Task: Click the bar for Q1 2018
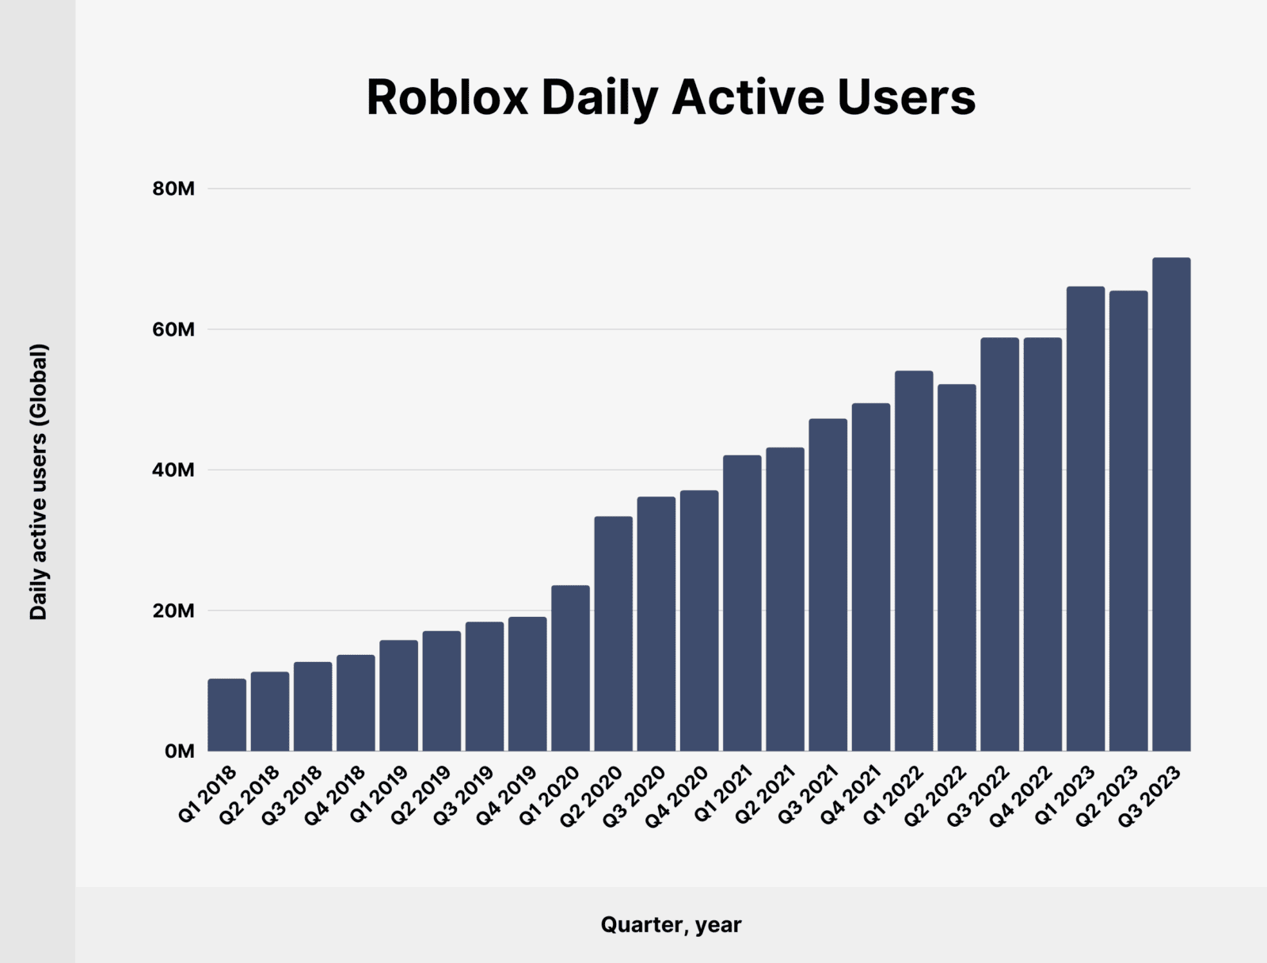(x=227, y=715)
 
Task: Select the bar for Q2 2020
(x=614, y=634)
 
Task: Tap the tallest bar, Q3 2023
(x=1171, y=504)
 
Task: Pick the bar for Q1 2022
(x=914, y=561)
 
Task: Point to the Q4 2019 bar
(x=527, y=684)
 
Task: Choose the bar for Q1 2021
(x=742, y=603)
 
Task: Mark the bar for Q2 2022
(x=957, y=568)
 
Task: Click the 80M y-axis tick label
(x=173, y=189)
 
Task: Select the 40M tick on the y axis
(x=173, y=470)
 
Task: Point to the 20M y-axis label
(x=173, y=611)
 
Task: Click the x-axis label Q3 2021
(x=808, y=795)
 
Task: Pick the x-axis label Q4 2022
(x=1022, y=795)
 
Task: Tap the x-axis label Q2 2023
(x=1107, y=795)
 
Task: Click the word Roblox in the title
(x=447, y=98)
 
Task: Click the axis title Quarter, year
(x=671, y=924)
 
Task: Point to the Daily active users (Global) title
(x=39, y=481)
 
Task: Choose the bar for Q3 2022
(x=999, y=545)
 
